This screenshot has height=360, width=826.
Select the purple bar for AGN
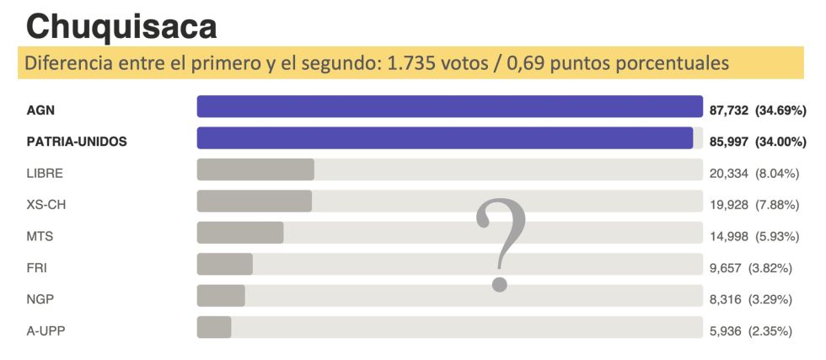tap(449, 106)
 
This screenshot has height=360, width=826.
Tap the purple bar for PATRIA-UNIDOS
tap(444, 138)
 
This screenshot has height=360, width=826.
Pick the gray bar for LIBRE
tap(255, 169)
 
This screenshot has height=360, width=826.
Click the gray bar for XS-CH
tap(254, 201)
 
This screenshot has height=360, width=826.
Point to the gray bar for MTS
tap(240, 233)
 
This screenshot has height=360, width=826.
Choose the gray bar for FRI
tap(224, 264)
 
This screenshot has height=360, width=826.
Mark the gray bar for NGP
tap(221, 296)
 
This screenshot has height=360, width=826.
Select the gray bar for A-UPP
tap(214, 327)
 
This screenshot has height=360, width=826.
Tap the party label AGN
tap(40, 110)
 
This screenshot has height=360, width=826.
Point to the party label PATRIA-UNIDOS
tap(77, 142)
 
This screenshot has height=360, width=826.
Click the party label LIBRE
tap(45, 174)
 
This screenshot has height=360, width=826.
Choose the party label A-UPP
tap(46, 331)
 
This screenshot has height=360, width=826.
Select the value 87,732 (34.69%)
tap(758, 110)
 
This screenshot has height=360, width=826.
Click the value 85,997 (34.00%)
tap(758, 142)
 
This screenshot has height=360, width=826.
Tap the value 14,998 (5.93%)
tap(751, 237)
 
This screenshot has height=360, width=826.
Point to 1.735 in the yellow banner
tap(410, 63)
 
